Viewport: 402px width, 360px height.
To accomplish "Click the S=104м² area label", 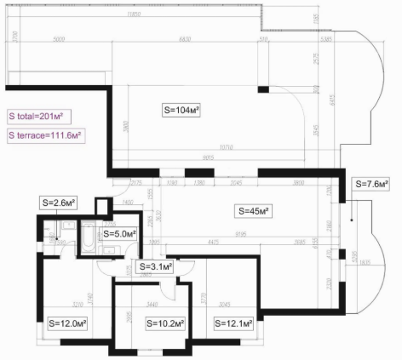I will point(181,110).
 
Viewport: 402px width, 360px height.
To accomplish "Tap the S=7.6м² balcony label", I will point(372,183).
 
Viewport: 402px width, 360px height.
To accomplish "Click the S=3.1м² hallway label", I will point(156,266).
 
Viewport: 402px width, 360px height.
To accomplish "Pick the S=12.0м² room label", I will point(68,323).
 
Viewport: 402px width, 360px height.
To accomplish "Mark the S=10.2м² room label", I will point(155,323).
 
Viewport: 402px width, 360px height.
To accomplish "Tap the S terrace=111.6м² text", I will point(45,135).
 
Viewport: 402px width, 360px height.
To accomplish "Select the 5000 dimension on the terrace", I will point(59,39).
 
